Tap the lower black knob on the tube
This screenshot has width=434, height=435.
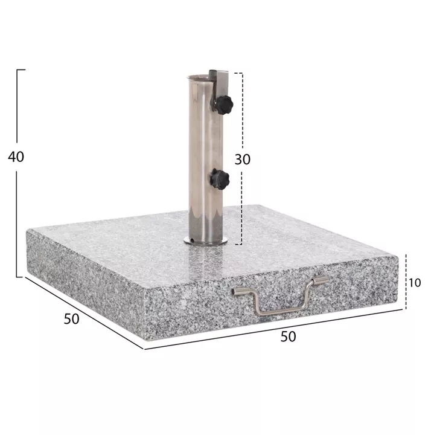click(x=220, y=179)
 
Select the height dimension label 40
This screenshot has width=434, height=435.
click(x=16, y=156)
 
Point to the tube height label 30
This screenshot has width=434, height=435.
click(x=242, y=159)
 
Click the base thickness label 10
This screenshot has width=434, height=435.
click(x=414, y=282)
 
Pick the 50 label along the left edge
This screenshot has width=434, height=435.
click(x=71, y=318)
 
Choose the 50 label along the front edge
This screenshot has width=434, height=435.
click(x=289, y=337)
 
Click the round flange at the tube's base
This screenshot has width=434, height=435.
click(x=206, y=242)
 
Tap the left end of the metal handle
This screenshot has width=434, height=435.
click(x=236, y=291)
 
